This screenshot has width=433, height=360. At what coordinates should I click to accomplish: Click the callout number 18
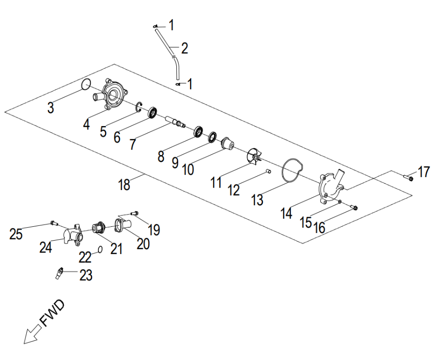pos(124,184)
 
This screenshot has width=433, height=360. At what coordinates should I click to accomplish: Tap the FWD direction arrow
pos(32,331)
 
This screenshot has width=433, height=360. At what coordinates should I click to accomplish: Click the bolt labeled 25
pos(53,222)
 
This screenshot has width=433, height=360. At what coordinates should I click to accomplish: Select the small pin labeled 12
pos(268,170)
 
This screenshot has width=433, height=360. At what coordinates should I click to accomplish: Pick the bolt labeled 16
pos(354,207)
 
